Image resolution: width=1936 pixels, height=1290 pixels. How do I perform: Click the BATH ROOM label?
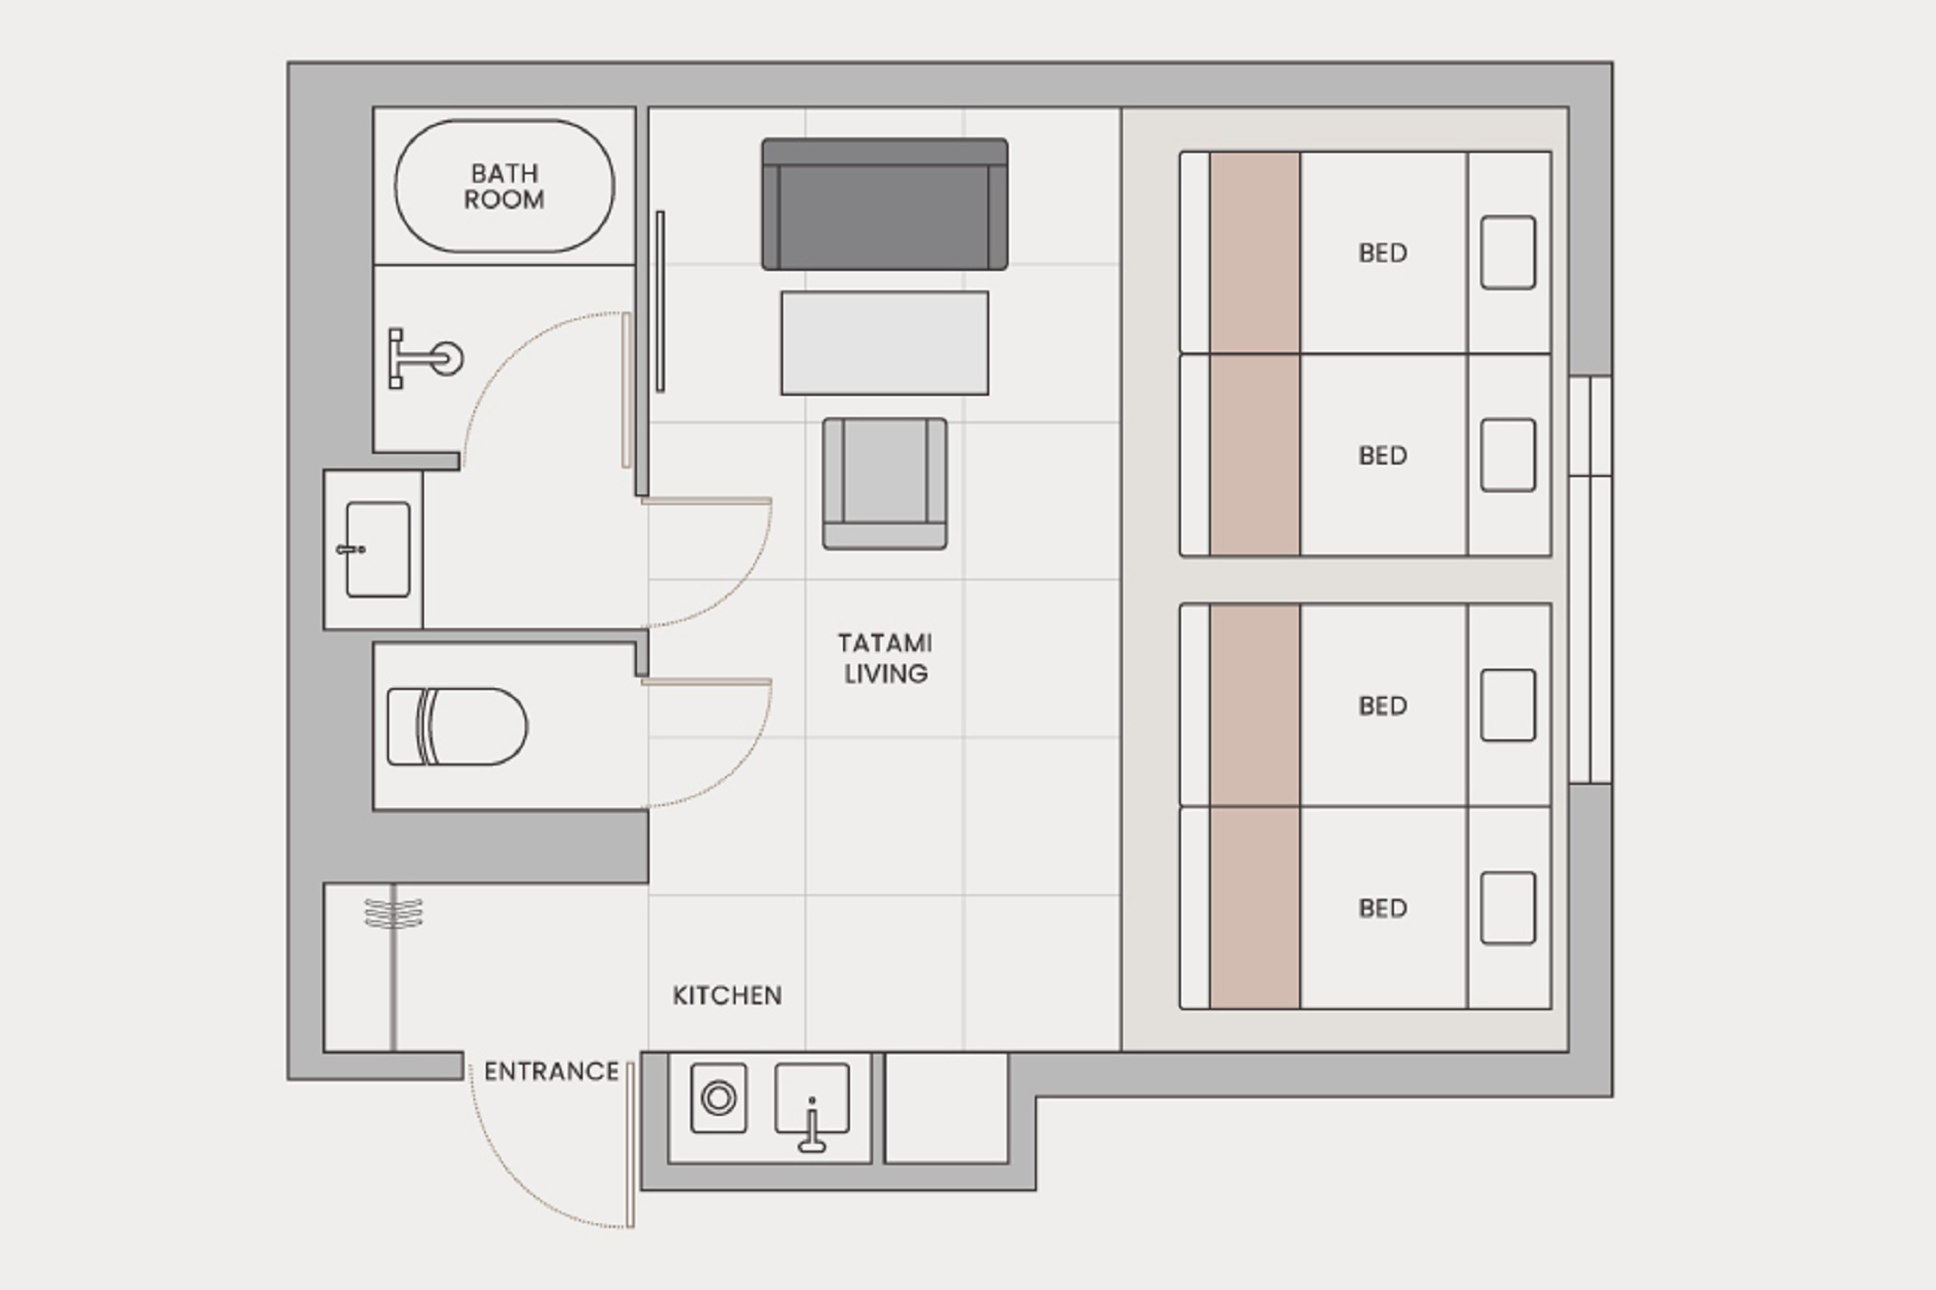pos(504,187)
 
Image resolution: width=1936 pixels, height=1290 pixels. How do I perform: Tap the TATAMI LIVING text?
pos(885,658)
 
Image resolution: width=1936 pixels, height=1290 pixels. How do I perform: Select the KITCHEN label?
pos(727,996)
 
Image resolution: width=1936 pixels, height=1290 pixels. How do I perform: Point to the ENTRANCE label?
pos(552,1071)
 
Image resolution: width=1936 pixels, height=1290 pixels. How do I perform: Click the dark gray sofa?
pos(885,204)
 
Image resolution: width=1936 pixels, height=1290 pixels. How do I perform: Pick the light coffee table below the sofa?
pos(885,343)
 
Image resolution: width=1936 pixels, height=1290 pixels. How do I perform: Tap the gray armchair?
pos(885,484)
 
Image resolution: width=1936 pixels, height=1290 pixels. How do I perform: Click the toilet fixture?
pos(457,727)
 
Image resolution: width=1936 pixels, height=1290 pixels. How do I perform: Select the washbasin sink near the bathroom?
pos(378,549)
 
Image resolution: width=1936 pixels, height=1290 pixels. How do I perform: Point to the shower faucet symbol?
pos(425,359)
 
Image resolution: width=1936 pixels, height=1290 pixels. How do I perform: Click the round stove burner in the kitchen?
pos(719,1098)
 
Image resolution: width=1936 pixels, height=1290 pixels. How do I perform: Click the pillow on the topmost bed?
pos(1508,253)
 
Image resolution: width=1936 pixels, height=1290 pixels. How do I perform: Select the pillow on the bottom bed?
pos(1508,908)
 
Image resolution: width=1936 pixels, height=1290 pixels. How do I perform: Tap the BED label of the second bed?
pos(1382,456)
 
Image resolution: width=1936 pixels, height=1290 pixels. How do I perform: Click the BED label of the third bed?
pos(1382,706)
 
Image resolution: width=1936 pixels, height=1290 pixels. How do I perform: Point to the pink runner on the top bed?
pos(1255,253)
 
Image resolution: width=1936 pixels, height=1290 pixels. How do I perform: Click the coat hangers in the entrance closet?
pos(393,913)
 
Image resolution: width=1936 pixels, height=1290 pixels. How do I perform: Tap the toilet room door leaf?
pos(707,682)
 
